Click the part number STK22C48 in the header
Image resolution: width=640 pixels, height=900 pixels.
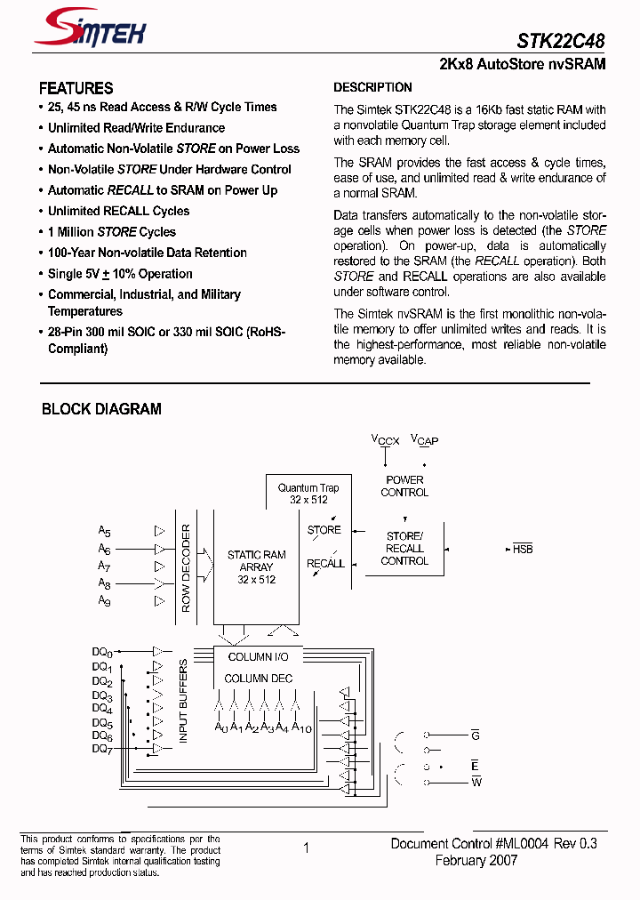point(561,41)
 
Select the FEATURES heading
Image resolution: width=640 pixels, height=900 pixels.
point(76,88)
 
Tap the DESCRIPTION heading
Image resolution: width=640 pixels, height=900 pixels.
point(372,87)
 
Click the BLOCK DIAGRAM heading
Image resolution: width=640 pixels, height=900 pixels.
point(101,409)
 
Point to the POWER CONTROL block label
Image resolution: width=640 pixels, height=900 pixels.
point(404,486)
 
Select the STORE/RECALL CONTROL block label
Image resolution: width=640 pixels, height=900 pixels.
point(404,549)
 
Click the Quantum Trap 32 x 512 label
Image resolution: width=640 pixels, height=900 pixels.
point(308,494)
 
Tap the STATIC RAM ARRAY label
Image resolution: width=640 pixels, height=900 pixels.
point(257,567)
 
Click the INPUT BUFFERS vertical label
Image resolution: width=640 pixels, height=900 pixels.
point(184,702)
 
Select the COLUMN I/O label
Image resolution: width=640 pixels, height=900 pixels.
point(258,657)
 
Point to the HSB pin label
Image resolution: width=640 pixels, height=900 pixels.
point(523,549)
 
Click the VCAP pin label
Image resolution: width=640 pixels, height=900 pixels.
point(425,440)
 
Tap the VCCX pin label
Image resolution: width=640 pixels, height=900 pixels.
point(385,440)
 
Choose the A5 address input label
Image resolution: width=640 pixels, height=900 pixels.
point(104,531)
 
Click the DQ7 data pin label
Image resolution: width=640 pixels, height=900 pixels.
point(102,750)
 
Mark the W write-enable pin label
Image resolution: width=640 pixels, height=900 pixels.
point(476,782)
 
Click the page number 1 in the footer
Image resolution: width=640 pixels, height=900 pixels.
point(307,848)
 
